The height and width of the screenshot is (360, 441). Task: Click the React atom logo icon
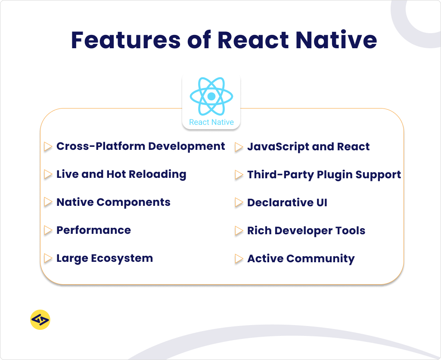click(211, 96)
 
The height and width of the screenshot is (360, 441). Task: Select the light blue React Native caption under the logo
click(211, 122)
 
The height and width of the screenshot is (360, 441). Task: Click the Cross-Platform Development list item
click(140, 146)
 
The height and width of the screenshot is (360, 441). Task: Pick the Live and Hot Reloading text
click(121, 174)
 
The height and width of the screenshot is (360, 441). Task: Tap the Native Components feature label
click(113, 202)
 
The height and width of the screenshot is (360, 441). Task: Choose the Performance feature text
click(93, 230)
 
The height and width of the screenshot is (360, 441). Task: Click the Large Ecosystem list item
click(105, 258)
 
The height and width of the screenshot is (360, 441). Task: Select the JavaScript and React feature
click(308, 147)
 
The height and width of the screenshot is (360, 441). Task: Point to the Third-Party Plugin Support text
click(324, 175)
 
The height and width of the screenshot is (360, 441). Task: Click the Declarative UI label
click(287, 203)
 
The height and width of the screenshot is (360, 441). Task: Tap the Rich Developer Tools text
click(306, 231)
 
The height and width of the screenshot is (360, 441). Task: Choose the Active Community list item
click(301, 259)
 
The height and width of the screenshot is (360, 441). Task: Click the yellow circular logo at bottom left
click(40, 320)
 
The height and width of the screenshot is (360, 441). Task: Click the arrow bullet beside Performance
click(48, 231)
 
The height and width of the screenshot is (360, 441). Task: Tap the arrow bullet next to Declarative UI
click(239, 203)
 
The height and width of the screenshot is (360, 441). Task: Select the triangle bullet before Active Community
click(239, 259)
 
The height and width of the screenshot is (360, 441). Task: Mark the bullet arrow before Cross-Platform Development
click(48, 147)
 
